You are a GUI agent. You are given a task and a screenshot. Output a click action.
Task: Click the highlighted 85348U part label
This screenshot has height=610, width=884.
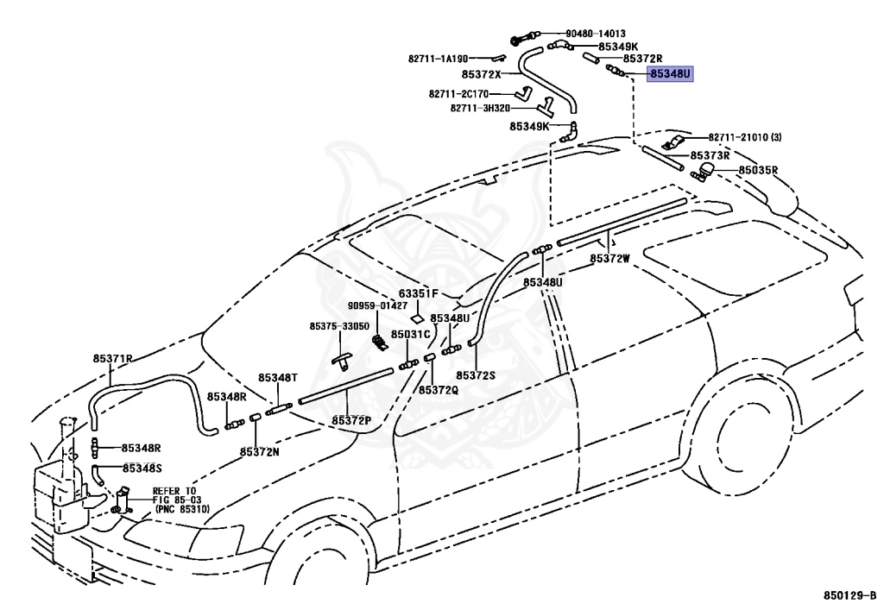670,74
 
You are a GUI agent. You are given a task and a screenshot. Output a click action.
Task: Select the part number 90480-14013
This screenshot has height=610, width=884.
596,34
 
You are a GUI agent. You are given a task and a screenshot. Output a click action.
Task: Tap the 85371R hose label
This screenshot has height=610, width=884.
113,358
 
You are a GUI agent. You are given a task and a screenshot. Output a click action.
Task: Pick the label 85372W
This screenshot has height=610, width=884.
610,259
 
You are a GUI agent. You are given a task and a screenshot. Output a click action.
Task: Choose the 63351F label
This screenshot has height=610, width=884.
419,293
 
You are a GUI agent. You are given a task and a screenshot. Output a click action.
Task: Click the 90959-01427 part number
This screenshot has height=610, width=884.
377,305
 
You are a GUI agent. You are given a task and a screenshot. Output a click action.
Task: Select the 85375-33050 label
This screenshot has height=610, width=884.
339,327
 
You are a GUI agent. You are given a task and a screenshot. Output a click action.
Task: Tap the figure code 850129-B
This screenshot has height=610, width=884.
850,595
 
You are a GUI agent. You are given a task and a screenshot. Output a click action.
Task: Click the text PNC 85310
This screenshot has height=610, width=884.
182,509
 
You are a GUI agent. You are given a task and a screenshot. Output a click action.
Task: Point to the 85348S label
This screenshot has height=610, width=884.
142,468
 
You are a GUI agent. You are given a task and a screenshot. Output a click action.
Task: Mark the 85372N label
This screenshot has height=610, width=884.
259,452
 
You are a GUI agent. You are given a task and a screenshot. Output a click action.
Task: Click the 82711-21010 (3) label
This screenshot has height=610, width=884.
745,137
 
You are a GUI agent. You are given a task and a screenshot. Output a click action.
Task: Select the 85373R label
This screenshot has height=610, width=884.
710,155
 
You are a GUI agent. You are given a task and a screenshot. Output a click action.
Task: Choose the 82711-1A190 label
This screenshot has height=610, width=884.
438,59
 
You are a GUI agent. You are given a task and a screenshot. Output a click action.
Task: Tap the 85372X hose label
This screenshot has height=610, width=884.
482,74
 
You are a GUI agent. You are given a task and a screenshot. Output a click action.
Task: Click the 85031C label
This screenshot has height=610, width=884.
410,334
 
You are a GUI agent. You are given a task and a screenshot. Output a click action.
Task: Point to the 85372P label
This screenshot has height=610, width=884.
351,420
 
